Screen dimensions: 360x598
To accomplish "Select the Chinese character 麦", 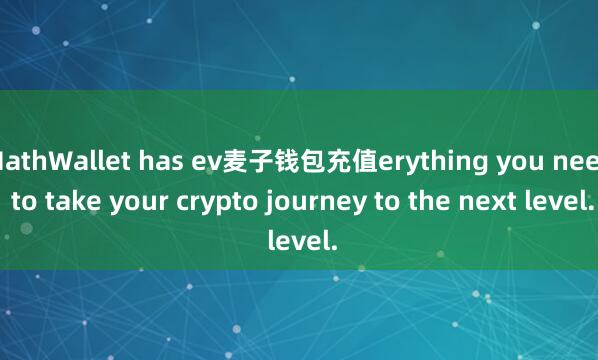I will pyautogui.click(x=221, y=160).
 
